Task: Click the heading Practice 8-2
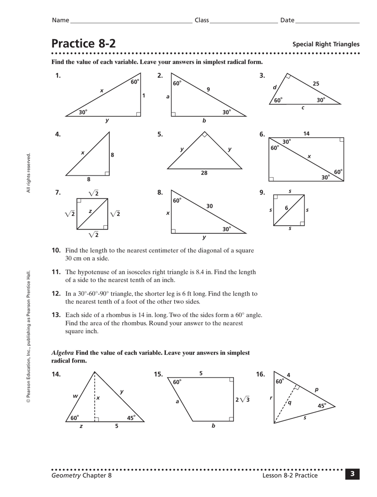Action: (x=84, y=44)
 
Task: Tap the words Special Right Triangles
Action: (x=326, y=44)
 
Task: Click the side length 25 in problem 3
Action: (x=316, y=84)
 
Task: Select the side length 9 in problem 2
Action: (x=208, y=89)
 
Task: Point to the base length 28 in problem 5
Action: (x=204, y=173)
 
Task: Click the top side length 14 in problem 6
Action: (x=306, y=133)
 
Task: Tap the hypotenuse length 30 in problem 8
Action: (x=210, y=206)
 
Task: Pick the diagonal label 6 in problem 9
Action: (x=286, y=208)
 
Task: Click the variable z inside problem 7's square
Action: (x=90, y=211)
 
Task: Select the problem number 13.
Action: (x=56, y=315)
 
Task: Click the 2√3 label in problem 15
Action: (x=242, y=399)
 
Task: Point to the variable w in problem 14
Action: (x=75, y=396)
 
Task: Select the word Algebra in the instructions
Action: (x=63, y=353)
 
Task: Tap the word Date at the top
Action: (x=287, y=20)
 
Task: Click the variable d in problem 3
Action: (x=274, y=87)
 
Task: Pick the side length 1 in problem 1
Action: (x=144, y=96)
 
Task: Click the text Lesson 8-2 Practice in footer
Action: (x=290, y=475)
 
